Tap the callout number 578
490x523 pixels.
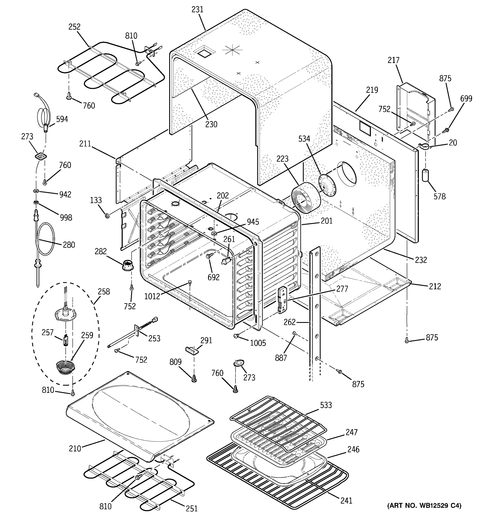click(x=439, y=196)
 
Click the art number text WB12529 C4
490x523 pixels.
click(x=424, y=505)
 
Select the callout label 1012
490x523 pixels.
click(x=152, y=296)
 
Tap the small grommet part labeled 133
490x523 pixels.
click(x=107, y=216)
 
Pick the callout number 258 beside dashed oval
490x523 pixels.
click(x=104, y=292)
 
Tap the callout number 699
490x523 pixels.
click(x=466, y=98)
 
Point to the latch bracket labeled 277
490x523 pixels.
click(x=283, y=300)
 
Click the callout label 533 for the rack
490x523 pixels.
click(x=326, y=405)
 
